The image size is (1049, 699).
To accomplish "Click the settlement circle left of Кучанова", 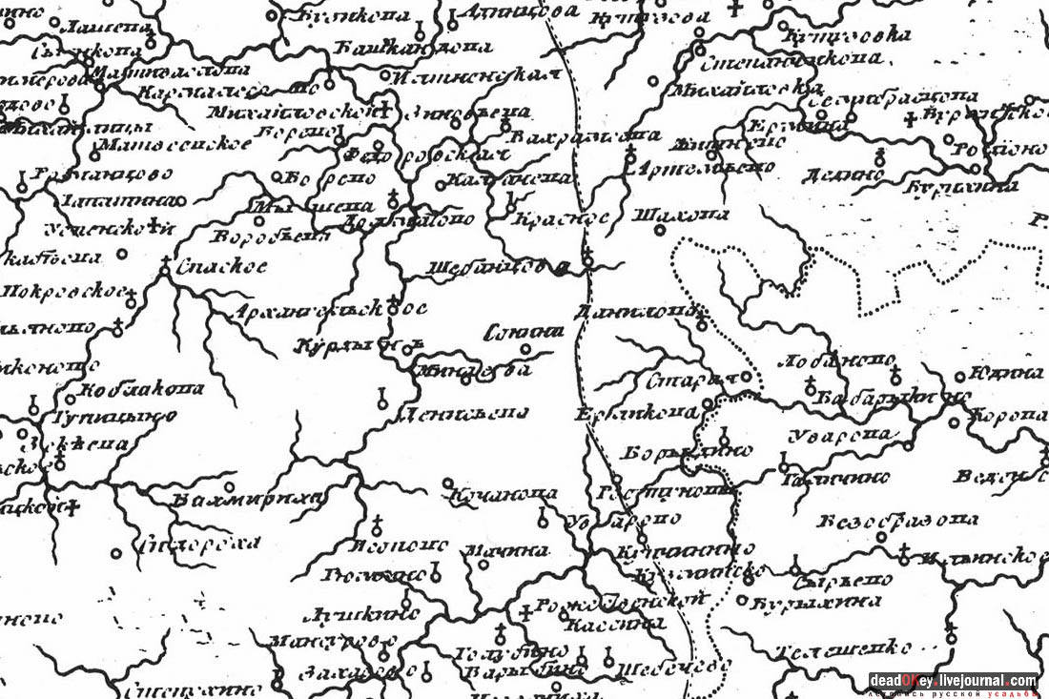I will point(447,483).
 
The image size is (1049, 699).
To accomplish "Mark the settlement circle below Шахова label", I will point(702,326).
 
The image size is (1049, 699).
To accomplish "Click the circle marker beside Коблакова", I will point(70,399).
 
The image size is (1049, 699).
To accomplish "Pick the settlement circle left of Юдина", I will point(977,375).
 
